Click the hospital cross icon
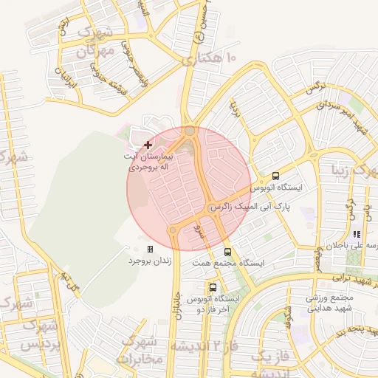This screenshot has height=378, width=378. click(148, 144)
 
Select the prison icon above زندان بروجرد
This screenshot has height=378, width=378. click(151, 250)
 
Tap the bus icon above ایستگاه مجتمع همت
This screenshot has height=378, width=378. click(227, 252)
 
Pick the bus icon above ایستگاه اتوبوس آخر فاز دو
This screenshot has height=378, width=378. click(213, 287)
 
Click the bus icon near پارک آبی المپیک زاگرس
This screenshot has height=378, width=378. click(275, 176)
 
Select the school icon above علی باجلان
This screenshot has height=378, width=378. click(357, 234)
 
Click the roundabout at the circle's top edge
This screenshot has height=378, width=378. click(190, 131)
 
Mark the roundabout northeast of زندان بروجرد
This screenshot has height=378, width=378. click(173, 230)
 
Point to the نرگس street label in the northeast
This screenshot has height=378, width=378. click(316, 87)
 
